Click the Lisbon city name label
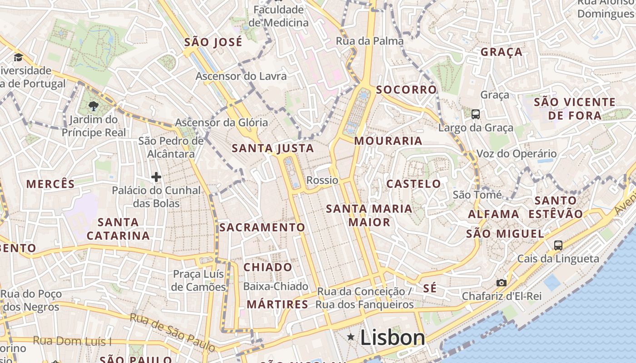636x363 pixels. pos(393,338)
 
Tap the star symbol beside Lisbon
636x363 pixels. pos(351,337)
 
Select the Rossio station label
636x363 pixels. pos(323,180)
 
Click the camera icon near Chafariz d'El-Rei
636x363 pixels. pos(501,283)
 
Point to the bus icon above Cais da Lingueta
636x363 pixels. pos(558,245)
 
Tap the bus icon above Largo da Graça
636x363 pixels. pos(476,114)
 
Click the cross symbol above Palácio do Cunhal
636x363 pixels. pos(156,177)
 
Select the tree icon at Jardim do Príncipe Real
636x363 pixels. pos(94,106)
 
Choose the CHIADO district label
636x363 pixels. pos(268,267)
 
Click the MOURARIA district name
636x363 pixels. pos(388,141)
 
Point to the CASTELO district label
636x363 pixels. pos(413,184)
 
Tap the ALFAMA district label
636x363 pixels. pos(493,214)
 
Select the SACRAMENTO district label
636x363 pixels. pos(262,227)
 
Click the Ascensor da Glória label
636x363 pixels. pos(221,123)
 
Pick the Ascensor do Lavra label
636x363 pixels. pos(241,76)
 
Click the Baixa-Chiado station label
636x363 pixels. pos(276,286)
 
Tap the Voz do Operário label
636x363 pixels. pos(516,154)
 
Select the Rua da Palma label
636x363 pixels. pos(369,41)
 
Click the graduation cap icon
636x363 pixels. pos(18,57)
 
